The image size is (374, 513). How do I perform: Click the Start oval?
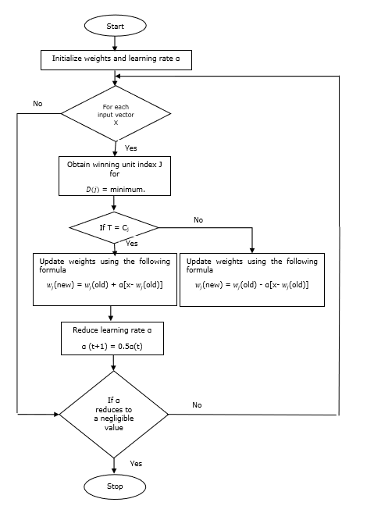[x=115, y=26]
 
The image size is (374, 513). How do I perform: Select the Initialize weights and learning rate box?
[x=115, y=59]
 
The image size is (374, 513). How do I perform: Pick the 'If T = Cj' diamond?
[x=114, y=228]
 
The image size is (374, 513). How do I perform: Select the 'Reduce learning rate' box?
[x=113, y=338]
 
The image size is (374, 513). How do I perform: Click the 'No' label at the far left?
[x=37, y=103]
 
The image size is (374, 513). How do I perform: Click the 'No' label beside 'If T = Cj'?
[x=198, y=220]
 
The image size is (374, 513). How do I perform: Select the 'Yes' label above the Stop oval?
[x=136, y=463]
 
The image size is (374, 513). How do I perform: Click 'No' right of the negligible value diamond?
[x=197, y=404]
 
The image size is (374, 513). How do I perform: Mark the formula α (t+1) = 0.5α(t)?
[x=113, y=345]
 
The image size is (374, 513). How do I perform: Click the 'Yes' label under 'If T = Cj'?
[x=131, y=243]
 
